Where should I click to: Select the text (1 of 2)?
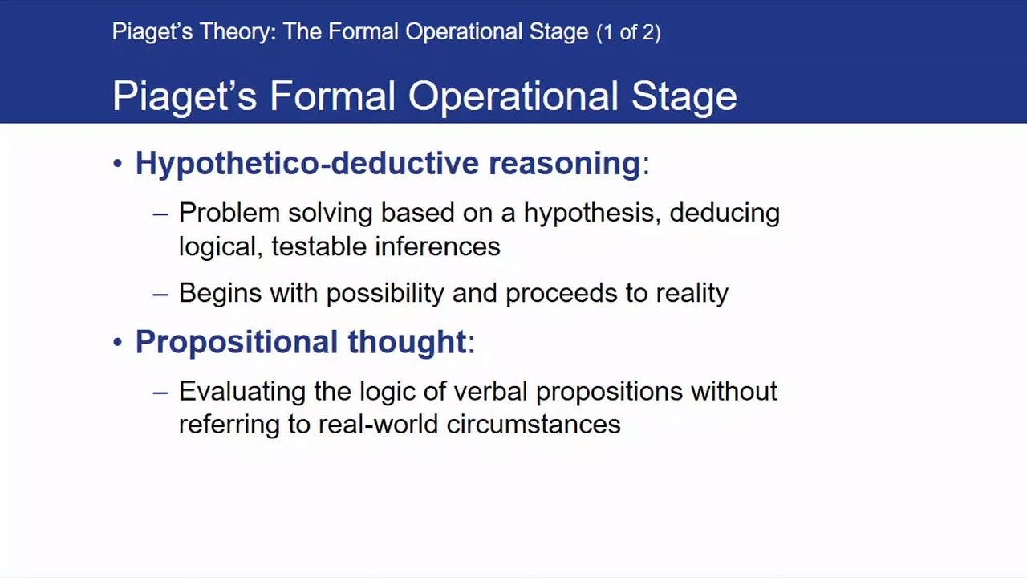[628, 33]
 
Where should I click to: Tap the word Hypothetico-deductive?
[307, 163]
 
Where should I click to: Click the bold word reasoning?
[564, 165]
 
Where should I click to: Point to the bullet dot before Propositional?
[117, 342]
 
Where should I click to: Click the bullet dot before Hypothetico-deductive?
[117, 163]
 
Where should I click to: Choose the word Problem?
[229, 213]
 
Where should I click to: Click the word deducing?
[725, 214]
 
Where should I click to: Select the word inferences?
[437, 246]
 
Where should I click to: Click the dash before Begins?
[160, 294]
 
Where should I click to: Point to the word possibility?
[385, 294]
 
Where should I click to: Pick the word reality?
[692, 294]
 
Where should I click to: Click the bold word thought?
[407, 342]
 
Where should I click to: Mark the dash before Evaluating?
[160, 393]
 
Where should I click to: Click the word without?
[734, 391]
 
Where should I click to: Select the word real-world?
[378, 425]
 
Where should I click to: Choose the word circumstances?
[534, 425]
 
